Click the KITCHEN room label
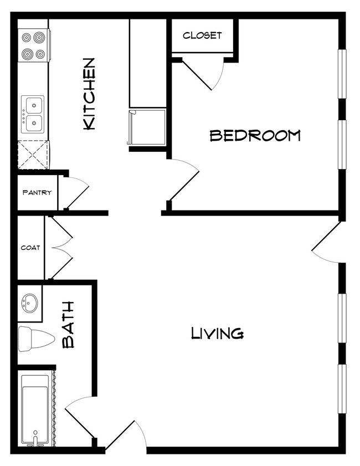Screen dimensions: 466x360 tap(89, 94)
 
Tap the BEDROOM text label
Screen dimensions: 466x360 tap(255, 135)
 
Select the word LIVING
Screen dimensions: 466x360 tap(217, 333)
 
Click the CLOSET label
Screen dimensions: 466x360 tap(202, 35)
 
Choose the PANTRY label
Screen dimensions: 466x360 tap(37, 193)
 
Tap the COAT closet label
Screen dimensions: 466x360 tap(30, 248)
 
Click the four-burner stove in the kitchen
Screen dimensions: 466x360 tap(33, 46)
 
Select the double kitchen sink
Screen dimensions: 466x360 tap(33, 114)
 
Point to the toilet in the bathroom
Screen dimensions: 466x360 tap(34, 339)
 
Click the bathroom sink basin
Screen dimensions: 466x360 tap(29, 303)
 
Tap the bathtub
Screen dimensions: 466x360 tap(35, 410)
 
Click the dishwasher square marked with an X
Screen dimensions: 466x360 tap(33, 155)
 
